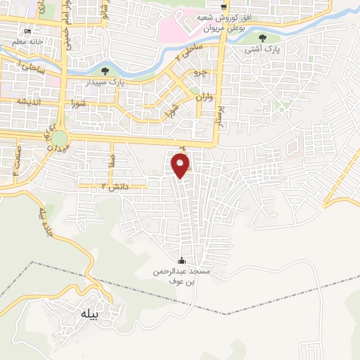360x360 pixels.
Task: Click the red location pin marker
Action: coord(181,166)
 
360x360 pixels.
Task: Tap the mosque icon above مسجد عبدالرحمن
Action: coord(183,260)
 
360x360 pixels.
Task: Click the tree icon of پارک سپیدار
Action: coord(105,70)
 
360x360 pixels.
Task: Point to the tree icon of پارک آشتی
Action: coord(262,39)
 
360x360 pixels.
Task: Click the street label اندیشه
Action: coord(31,101)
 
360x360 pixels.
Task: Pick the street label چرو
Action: coord(200,72)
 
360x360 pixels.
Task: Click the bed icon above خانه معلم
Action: coord(28,32)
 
